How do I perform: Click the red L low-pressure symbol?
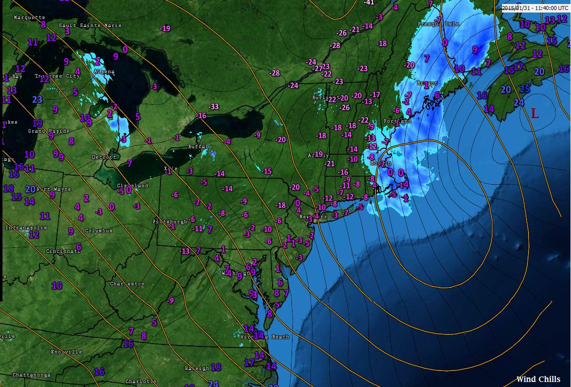tap(534, 114)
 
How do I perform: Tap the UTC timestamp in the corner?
tap(535, 8)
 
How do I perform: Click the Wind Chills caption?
tap(538, 379)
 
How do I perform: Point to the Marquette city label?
tap(29, 17)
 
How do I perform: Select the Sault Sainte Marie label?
tap(90, 25)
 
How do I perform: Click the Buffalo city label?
tap(200, 147)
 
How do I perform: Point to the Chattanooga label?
tap(31, 374)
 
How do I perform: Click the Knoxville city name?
tap(66, 351)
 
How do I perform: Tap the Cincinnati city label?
tap(63, 251)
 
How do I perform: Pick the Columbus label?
tap(98, 231)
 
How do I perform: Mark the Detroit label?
tap(104, 157)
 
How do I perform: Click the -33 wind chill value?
tap(213, 106)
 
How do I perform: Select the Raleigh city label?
tap(197, 368)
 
